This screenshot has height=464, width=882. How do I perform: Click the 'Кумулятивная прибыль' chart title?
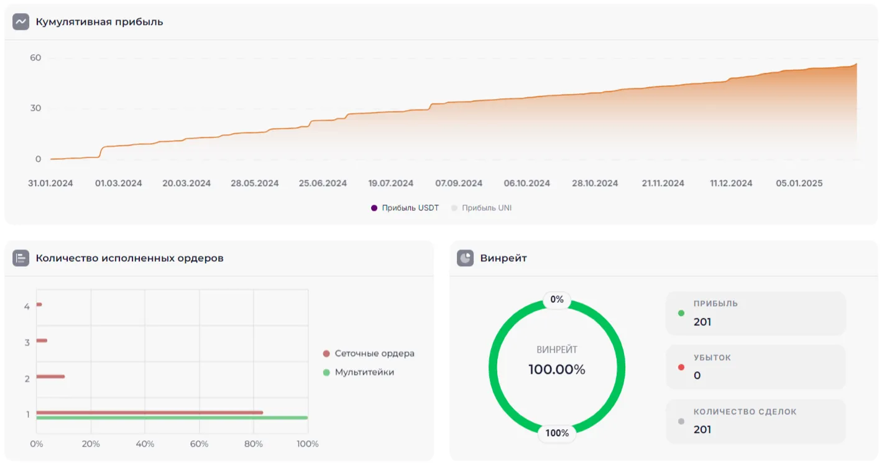(x=99, y=22)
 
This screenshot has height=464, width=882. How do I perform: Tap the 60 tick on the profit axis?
(x=35, y=58)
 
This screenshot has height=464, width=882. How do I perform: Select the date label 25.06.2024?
(x=323, y=183)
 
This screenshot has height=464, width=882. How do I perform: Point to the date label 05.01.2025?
(x=799, y=183)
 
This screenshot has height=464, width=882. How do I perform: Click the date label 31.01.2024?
(x=50, y=183)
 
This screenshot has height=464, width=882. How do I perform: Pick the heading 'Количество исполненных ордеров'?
(x=129, y=258)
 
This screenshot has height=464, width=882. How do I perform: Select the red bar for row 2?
(x=50, y=376)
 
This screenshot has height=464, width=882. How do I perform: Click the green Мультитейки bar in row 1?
(x=172, y=418)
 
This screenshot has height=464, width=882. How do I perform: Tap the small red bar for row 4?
(x=39, y=305)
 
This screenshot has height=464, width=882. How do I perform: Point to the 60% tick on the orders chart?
(x=199, y=444)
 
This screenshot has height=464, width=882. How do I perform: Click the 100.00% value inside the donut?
(x=557, y=369)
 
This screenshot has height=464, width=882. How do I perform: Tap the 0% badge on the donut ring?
(x=557, y=300)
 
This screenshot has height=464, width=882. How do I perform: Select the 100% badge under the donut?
(x=557, y=433)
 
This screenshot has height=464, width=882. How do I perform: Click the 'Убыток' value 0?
(x=697, y=376)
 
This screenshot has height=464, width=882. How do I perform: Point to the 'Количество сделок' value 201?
(x=702, y=430)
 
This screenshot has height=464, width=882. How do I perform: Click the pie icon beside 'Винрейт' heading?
(x=465, y=258)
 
